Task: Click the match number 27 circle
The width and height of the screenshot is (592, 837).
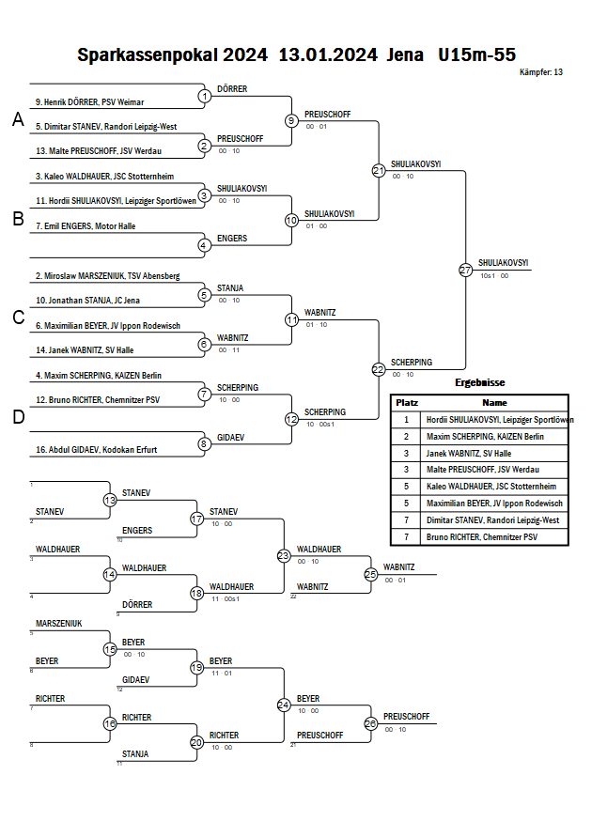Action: coord(465,270)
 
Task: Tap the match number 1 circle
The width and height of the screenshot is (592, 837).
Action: coord(204,96)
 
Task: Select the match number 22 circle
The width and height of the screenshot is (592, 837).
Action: coord(378,369)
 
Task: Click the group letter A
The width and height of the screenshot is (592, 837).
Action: coord(17,119)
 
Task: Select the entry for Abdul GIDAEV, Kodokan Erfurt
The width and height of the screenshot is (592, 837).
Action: coord(97,450)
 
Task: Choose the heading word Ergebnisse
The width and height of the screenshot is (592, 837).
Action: coord(479,383)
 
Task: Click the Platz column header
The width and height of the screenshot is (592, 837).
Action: coord(406,402)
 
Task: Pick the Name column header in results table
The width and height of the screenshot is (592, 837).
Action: coord(495,402)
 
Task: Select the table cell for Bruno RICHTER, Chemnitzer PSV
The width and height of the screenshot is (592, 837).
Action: coord(481,536)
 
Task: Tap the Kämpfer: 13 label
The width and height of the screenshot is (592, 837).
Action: coord(540,72)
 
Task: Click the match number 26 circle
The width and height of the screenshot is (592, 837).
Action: coord(370,723)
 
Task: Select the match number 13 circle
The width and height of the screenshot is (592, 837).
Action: coord(110,500)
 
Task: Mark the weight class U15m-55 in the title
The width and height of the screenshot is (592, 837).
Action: coord(476,54)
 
